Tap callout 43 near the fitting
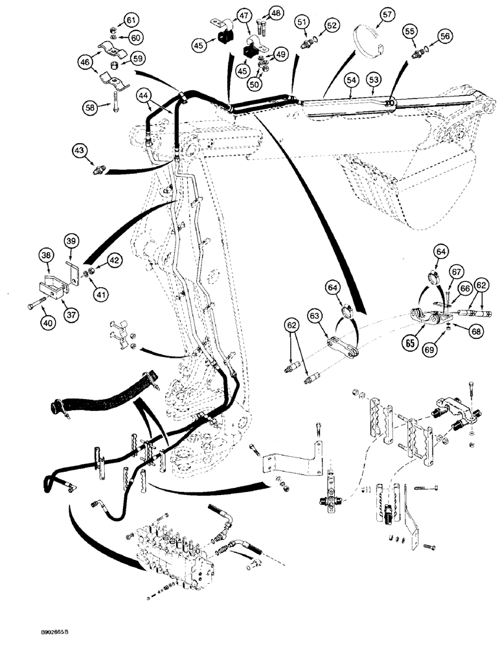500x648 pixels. click(80, 150)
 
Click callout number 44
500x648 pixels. click(145, 96)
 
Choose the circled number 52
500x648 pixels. click(332, 25)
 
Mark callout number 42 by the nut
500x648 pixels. click(97, 260)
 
